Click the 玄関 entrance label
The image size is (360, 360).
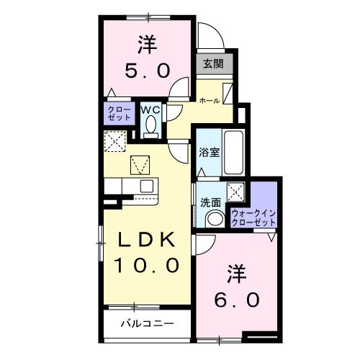214,64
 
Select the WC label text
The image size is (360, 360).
150,110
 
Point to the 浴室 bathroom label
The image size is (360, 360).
209,153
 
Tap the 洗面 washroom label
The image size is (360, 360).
210,202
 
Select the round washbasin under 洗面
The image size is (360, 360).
214,219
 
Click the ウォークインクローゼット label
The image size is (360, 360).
254,217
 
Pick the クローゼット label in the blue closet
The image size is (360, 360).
115,112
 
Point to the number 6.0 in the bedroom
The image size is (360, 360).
235,298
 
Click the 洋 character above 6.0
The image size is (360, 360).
235,274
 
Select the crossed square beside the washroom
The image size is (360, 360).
235,192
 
